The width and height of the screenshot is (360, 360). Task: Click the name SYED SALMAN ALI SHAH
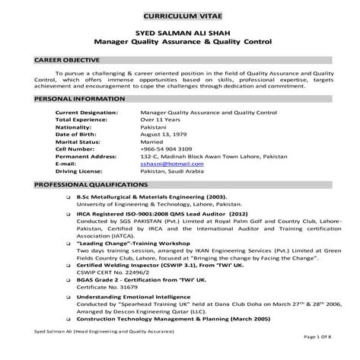click(x=180, y=34)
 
